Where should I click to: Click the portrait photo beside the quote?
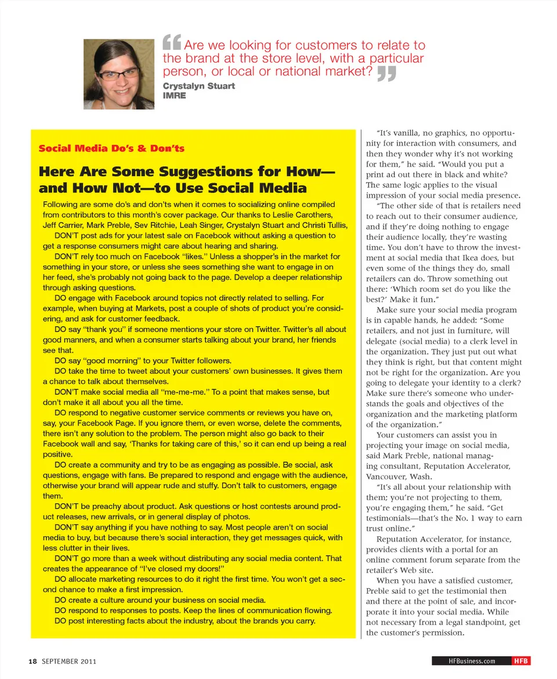pos(119,74)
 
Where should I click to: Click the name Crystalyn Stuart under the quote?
pos(199,86)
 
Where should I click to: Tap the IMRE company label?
pos(175,95)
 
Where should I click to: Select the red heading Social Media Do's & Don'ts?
pos(111,148)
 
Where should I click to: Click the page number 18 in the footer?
pos(33,661)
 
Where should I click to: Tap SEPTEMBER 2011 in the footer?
pos(69,661)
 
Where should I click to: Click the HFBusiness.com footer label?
pos(472,661)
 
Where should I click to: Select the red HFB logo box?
pos(520,661)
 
